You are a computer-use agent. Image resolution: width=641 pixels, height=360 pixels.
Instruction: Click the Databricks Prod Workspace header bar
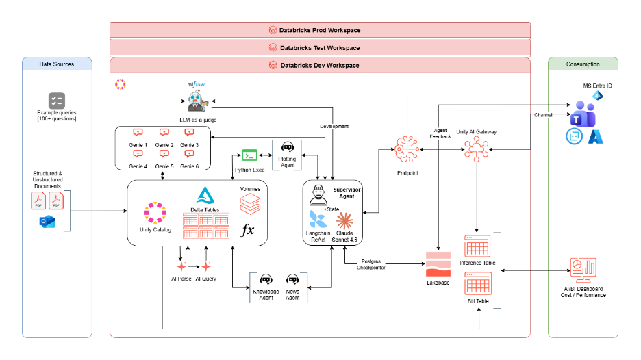tap(320, 30)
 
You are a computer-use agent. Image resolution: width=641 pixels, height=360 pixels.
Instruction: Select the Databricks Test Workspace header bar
tap(320, 48)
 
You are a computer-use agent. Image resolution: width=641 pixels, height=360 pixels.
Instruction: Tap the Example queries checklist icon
tap(57, 101)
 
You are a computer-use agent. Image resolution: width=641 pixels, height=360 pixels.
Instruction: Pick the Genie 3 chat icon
tap(189, 132)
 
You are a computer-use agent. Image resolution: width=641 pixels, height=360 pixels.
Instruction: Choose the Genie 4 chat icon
tap(138, 154)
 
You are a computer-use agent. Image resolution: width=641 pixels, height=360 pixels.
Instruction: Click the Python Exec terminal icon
tap(249, 155)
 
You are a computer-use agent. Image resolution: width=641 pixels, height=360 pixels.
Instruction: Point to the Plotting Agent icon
tap(288, 146)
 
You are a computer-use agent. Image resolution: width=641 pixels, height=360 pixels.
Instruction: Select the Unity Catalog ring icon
tap(155, 212)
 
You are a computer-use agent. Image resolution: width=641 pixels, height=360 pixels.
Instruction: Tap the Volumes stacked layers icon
tap(250, 204)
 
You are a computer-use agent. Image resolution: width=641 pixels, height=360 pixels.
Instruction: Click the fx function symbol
tap(247, 230)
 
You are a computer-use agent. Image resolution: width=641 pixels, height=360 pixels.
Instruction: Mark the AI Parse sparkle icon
tap(181, 266)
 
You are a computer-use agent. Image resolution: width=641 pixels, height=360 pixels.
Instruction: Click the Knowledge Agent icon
tap(266, 280)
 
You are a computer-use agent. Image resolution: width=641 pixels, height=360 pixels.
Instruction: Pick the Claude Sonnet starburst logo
tap(344, 221)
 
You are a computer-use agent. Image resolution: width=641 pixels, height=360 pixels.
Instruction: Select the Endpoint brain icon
tap(407, 150)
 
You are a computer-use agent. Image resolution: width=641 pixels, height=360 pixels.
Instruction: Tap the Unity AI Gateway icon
tap(476, 149)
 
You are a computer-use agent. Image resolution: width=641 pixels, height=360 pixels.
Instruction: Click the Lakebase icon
tap(438, 264)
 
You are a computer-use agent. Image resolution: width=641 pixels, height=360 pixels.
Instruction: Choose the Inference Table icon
tap(477, 246)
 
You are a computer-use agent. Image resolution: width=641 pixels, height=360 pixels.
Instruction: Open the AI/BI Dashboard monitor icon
tap(583, 270)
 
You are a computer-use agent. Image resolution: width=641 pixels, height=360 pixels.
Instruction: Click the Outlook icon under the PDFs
tap(47, 222)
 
